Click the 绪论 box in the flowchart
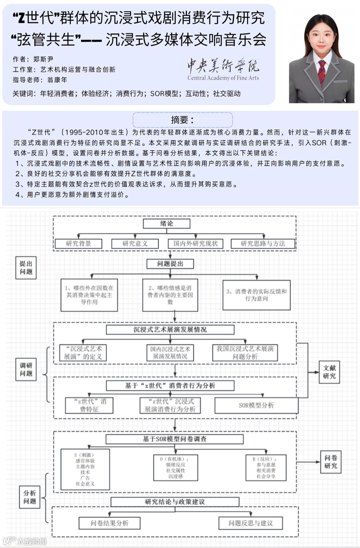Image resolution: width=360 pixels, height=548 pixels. tap(166, 224)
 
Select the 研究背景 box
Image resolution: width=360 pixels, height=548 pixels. tap(78, 244)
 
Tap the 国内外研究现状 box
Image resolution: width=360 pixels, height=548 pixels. tap(195, 244)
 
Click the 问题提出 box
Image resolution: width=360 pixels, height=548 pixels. tap(170, 264)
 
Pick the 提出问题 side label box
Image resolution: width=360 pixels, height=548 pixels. tap(26, 268)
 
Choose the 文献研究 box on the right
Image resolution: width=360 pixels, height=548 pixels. tap(329, 372)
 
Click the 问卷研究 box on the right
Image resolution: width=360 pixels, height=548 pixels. tap(330, 462)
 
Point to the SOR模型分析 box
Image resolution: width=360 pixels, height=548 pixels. tap(256, 405)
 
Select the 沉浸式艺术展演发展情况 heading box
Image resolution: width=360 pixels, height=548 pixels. tap(170, 329)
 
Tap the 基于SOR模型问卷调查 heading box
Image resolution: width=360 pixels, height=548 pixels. tap(174, 439)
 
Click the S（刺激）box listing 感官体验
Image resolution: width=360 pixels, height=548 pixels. tap(85, 469)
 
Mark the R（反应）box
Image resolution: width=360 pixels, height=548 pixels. tap(266, 468)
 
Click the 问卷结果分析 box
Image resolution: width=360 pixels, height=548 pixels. tap(109, 523)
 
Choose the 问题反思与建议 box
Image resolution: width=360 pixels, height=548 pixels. tap(250, 523)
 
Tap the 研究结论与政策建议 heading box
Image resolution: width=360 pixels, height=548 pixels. tap(175, 502)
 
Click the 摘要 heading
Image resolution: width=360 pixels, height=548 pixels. tap(182, 120)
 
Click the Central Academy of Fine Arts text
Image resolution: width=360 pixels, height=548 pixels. tap(223, 78)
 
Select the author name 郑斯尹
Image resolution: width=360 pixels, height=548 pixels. tap(43, 59)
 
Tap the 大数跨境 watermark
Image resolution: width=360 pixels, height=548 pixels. tap(32, 541)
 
